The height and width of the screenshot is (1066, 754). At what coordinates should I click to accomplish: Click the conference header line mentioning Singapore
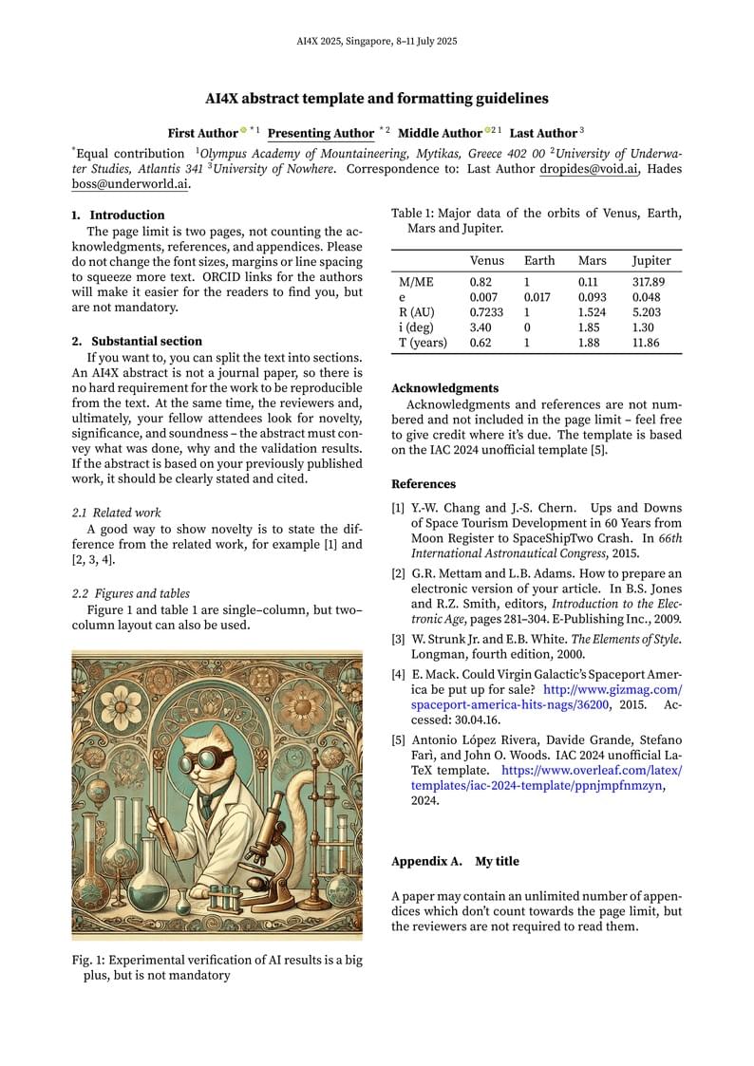[x=377, y=41]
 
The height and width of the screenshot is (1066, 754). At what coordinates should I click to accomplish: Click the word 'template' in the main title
[x=348, y=98]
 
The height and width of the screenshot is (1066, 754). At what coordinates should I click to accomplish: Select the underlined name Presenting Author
[x=321, y=133]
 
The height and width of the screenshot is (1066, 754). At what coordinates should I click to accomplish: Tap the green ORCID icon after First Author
[x=243, y=130]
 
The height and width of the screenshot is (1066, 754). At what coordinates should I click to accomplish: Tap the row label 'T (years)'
[x=423, y=343]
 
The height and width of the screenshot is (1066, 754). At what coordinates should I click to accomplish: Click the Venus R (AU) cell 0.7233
[x=486, y=312]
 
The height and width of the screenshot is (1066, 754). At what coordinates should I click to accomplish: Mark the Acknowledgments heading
[x=444, y=388]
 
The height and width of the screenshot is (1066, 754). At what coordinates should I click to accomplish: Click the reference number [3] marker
[x=398, y=639]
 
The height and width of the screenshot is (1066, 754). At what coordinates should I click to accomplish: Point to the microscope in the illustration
[x=267, y=835]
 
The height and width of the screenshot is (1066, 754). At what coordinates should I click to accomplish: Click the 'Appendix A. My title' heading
[x=455, y=861]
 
